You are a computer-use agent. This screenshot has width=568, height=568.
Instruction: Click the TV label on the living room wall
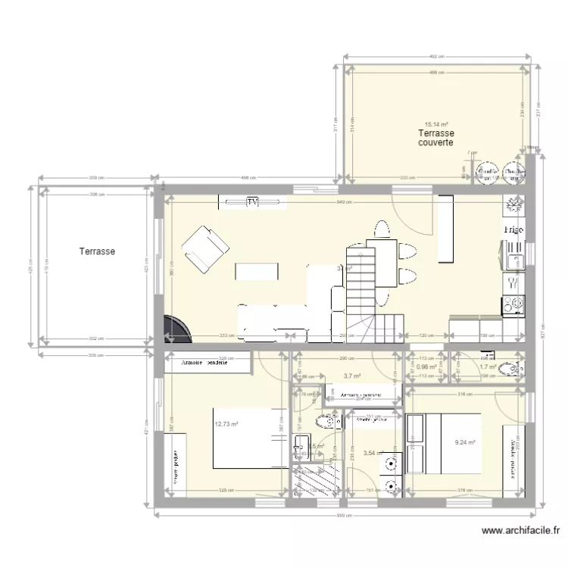251,201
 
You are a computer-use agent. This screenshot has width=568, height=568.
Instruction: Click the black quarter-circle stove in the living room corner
176,326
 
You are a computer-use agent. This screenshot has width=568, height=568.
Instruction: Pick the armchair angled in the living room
204,250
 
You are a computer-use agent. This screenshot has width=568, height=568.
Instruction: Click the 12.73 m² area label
226,424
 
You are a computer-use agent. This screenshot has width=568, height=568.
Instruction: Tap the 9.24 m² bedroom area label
464,443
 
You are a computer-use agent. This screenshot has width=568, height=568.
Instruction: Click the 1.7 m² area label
487,368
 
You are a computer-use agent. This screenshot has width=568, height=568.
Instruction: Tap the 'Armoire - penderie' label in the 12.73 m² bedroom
204,364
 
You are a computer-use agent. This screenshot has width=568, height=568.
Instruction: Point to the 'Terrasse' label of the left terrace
97,251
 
